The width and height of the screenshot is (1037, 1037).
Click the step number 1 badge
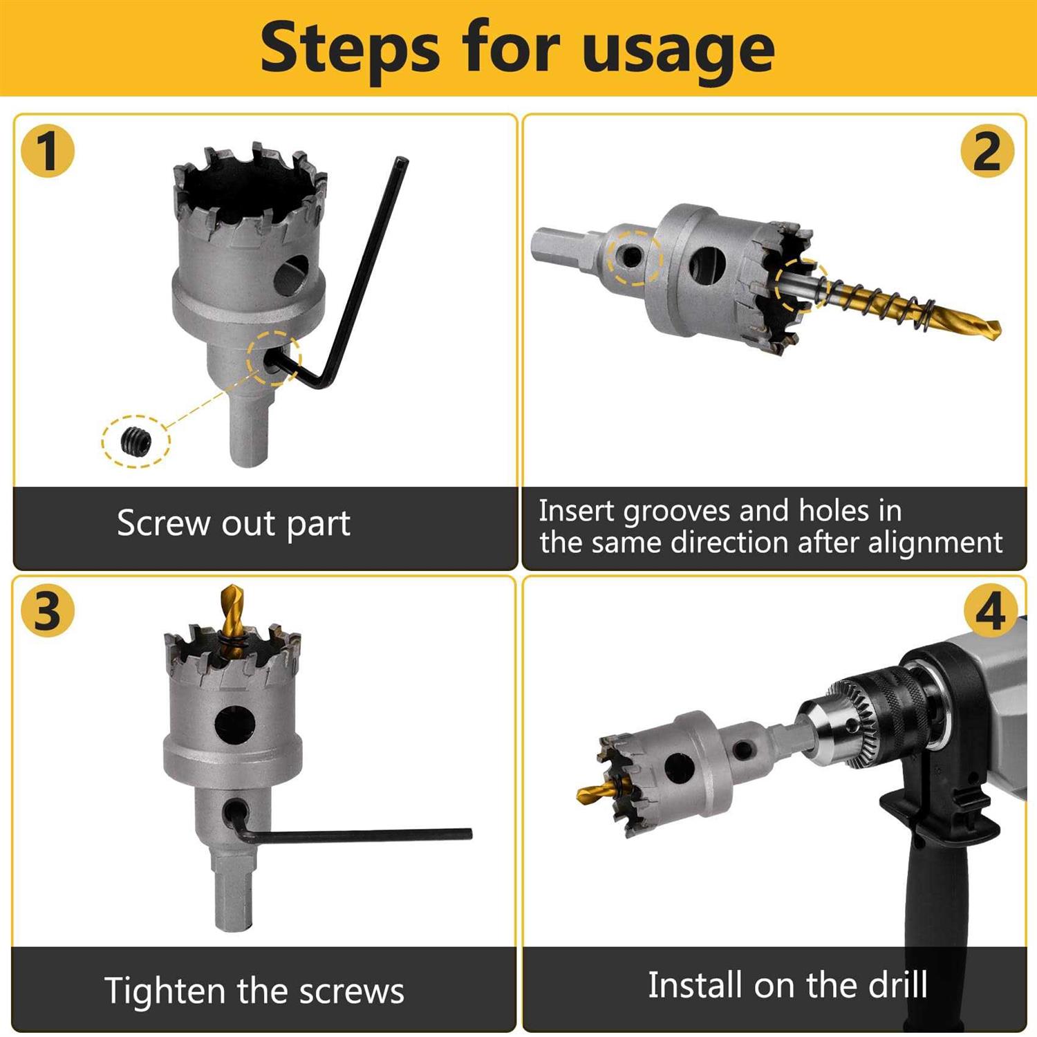point(48,151)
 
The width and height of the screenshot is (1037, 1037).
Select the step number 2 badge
point(987,151)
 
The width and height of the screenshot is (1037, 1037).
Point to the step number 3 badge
point(48,611)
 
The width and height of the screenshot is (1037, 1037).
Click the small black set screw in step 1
point(136,441)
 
